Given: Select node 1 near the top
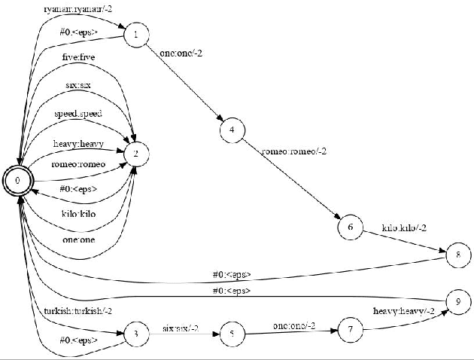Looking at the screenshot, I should coord(135,35).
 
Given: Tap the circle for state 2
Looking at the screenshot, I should coord(135,154).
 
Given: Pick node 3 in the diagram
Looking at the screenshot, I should coord(135,334).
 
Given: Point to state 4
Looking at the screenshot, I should coord(232,130).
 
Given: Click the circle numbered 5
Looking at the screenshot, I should coord(232,334).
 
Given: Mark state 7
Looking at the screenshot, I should coord(351,329).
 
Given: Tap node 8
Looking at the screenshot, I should coord(458,255).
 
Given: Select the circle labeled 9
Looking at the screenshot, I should coord(458,301).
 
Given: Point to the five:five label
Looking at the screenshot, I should coord(78,57).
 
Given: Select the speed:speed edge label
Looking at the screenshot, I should coord(78,114).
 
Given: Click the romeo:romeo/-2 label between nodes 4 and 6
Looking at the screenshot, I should coord(294,152).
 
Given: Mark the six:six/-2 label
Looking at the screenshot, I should coord(181,328).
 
